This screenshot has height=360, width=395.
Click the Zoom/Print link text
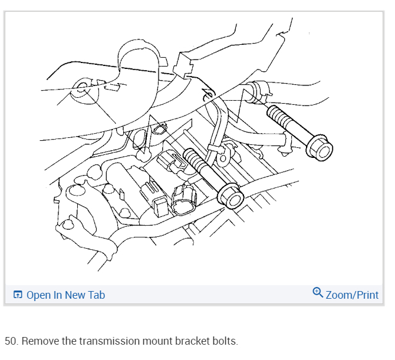[352, 295]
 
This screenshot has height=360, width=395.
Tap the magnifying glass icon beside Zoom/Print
[318, 293]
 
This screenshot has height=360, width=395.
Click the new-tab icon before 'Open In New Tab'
[18, 295]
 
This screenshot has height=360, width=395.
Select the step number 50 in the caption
[11, 341]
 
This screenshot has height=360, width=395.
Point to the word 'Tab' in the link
[96, 295]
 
